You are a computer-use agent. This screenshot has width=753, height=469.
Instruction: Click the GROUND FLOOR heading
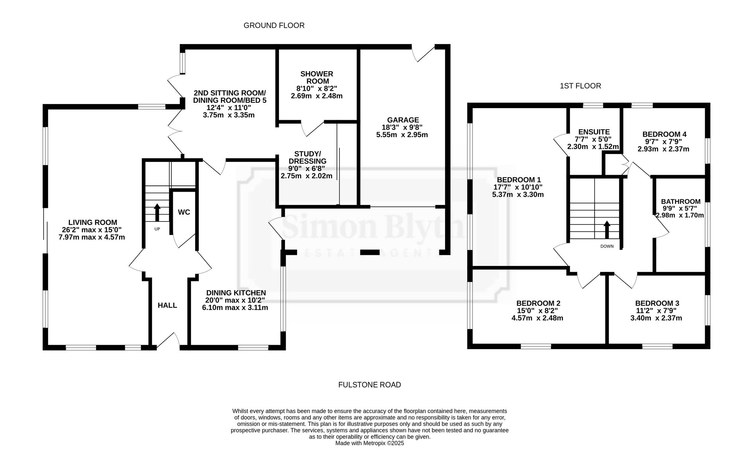(x=274, y=26)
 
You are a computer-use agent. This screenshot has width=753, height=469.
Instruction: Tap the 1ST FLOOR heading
(x=580, y=86)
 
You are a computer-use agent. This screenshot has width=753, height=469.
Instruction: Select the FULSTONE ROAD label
(x=370, y=385)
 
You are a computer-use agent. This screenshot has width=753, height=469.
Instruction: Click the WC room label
(x=184, y=212)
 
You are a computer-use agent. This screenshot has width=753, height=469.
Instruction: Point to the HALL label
(x=167, y=306)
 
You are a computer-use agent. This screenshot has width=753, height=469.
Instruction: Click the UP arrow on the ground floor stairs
(x=157, y=212)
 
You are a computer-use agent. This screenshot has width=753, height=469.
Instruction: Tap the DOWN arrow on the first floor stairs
(x=607, y=230)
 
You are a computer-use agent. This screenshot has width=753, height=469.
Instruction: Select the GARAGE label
(x=402, y=120)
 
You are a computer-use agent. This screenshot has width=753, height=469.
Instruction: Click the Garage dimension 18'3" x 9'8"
(x=402, y=127)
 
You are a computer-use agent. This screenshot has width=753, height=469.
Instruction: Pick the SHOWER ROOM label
(x=317, y=78)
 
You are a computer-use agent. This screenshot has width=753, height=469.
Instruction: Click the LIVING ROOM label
(x=93, y=223)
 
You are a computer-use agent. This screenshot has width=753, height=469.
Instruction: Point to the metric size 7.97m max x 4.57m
(x=92, y=237)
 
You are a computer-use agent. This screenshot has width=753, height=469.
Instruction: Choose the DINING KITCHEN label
(x=236, y=293)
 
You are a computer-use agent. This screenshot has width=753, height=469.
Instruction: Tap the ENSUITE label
(x=594, y=132)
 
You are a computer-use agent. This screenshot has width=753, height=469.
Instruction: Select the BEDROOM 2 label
(x=538, y=304)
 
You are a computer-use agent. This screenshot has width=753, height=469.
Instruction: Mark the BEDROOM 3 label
(x=657, y=304)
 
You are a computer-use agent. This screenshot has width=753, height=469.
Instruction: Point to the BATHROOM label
(x=681, y=202)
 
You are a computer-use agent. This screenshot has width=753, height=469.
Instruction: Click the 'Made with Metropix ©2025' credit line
(x=370, y=443)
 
